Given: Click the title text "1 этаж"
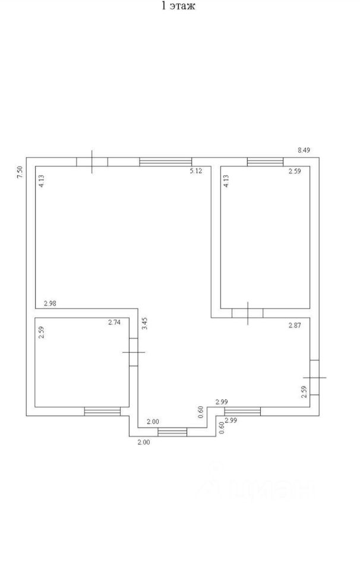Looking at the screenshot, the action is (178, 6).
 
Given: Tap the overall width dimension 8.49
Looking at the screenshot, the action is (304, 150).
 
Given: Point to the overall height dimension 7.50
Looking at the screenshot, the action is (20, 172).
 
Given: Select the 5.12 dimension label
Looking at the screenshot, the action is (195, 171).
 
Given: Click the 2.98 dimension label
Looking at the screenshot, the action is (50, 303).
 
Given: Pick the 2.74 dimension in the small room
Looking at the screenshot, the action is (114, 322).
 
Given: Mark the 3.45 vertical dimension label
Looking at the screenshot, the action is (145, 324).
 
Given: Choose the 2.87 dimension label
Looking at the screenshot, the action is (295, 326).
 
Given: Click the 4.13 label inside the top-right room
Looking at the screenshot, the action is (226, 181).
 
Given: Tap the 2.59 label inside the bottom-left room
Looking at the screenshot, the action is (41, 332).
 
